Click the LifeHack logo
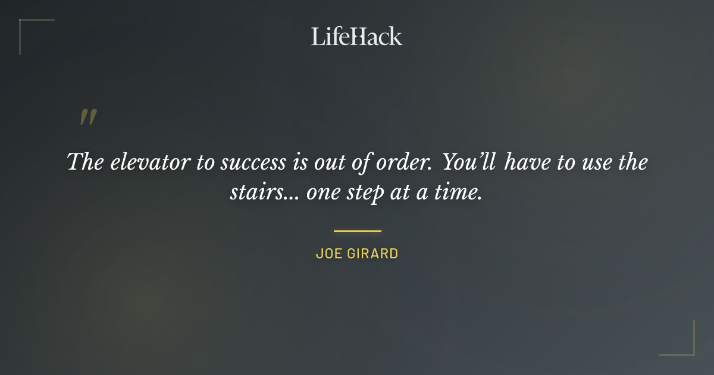pyautogui.click(x=356, y=36)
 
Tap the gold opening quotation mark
pyautogui.click(x=88, y=117)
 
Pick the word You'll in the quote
pyautogui.click(x=470, y=162)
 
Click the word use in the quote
pyautogui.click(x=597, y=162)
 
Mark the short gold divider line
pyautogui.click(x=357, y=231)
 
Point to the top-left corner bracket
pyautogui.click(x=27, y=27)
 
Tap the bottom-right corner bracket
pyautogui.click(x=687, y=348)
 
